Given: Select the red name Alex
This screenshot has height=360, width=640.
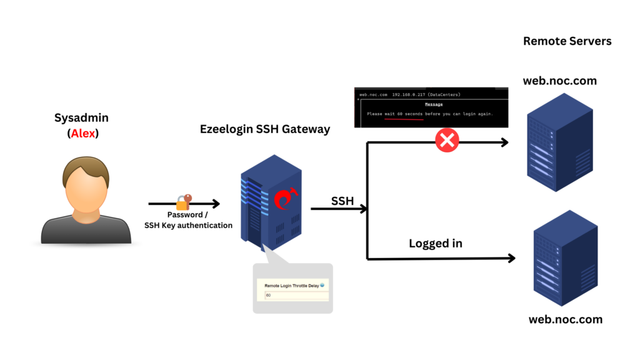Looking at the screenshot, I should [84, 133].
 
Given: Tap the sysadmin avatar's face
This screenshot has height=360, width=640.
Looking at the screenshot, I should [86, 187].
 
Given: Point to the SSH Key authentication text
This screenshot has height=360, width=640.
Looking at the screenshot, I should [188, 226].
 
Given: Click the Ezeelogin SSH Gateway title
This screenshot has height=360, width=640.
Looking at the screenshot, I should [264, 129].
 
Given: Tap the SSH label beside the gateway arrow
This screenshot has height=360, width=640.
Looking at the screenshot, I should [342, 201].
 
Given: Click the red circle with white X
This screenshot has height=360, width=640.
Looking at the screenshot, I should [447, 141].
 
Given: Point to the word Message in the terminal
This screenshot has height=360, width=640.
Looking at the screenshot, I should [433, 104].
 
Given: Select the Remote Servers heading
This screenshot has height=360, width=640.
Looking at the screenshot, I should [567, 41].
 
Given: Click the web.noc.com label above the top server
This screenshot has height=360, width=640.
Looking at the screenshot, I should [559, 81].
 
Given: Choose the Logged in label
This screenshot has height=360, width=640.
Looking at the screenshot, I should [435, 243].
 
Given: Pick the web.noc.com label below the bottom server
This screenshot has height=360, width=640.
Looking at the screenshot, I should [565, 319].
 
